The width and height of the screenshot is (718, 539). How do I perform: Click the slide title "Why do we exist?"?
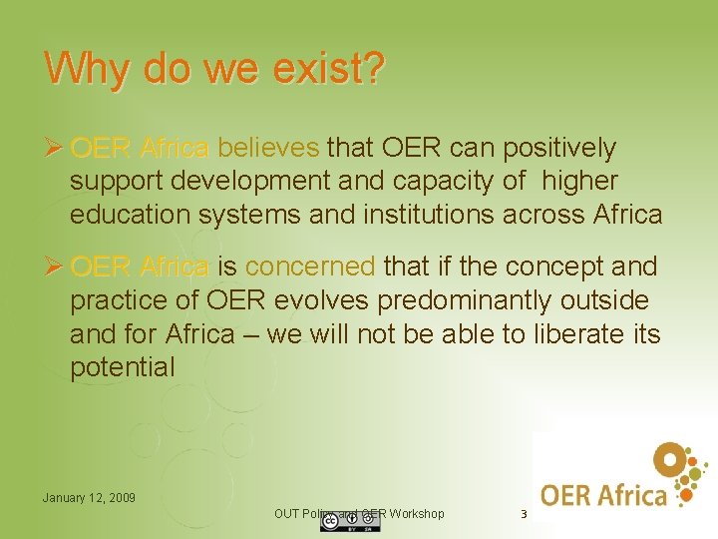[214, 68]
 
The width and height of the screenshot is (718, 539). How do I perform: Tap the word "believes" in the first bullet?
[268, 149]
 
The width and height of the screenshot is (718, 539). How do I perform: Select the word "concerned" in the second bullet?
[310, 268]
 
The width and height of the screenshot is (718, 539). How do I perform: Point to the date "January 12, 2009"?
[89, 497]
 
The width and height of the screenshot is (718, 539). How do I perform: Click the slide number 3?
[522, 515]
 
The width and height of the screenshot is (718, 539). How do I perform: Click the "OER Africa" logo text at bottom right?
[603, 493]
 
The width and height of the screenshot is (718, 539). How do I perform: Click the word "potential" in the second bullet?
[122, 367]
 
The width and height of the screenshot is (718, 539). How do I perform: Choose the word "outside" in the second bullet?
[602, 300]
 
